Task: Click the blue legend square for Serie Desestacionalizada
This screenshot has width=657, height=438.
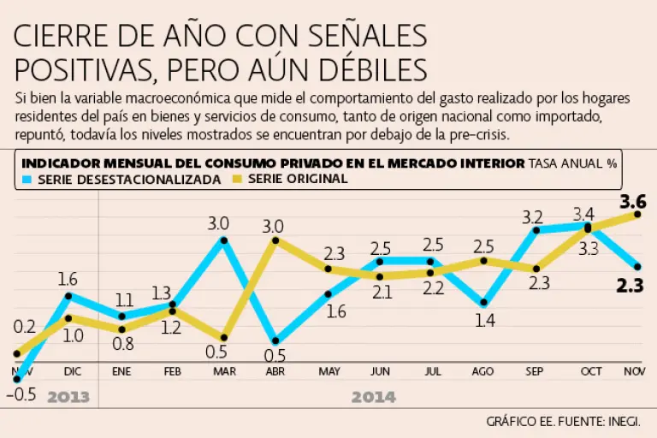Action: (27, 179)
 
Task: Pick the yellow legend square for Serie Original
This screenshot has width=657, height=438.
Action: (240, 179)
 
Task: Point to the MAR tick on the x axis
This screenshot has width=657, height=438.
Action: (223, 372)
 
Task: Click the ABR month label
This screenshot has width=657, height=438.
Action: (275, 372)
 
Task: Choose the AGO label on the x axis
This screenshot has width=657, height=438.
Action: (483, 372)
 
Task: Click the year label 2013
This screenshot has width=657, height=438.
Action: (68, 397)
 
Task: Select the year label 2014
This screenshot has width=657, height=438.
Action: (373, 397)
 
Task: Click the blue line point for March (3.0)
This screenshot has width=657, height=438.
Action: (224, 240)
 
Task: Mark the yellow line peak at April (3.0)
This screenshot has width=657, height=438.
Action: (275, 240)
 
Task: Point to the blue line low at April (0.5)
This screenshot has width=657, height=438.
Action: (275, 341)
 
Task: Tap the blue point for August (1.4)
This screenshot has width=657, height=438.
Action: (484, 303)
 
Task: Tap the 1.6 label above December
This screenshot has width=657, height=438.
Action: (68, 278)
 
